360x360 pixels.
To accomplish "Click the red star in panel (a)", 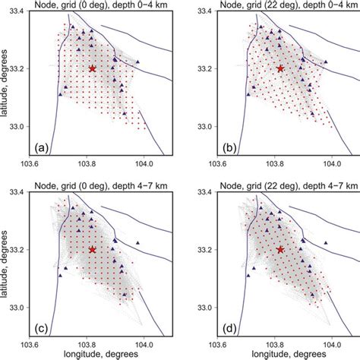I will [x=93, y=68].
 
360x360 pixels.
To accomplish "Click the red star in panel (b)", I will [x=280, y=68].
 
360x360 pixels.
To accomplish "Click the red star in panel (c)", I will [x=93, y=249].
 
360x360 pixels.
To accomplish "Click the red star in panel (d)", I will [x=280, y=249].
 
